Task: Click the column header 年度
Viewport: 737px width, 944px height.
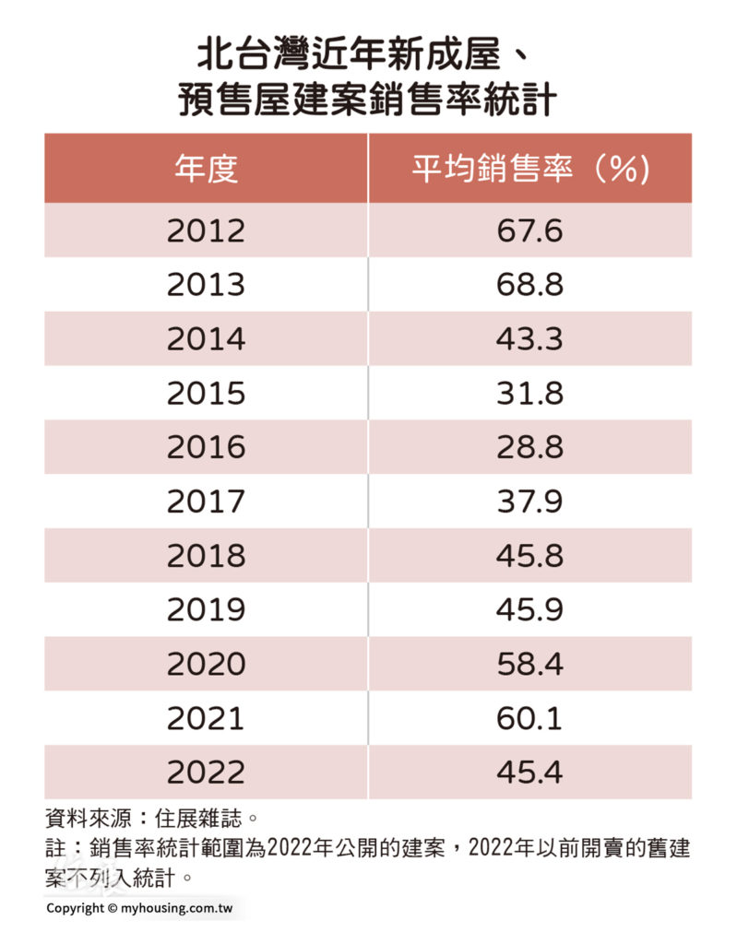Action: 206,169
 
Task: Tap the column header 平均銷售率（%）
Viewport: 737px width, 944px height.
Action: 529,169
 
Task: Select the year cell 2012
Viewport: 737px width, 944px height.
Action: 206,230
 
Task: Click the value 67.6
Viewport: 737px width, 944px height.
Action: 529,230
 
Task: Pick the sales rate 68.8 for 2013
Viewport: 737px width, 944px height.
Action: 529,285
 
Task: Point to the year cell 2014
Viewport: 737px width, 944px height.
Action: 206,339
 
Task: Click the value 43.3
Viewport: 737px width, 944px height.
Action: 529,339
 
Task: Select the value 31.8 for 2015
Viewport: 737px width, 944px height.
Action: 529,394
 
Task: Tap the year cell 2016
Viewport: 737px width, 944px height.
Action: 206,447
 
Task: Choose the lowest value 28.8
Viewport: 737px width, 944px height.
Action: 529,447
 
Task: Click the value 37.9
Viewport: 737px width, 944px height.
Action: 529,501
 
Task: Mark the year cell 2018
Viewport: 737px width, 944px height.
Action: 206,556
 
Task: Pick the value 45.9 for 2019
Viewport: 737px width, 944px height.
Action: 529,610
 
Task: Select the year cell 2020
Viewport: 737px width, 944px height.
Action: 206,664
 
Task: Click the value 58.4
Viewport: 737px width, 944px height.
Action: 529,664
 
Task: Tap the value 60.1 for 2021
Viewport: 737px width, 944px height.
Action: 529,718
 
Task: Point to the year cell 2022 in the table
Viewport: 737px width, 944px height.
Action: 206,773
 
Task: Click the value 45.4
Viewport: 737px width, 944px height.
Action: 529,773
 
